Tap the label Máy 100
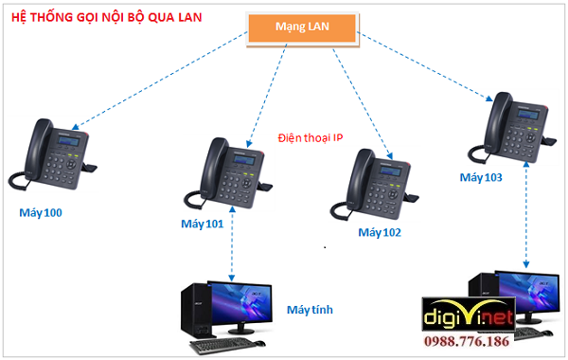tap(41, 212)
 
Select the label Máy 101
tap(201, 225)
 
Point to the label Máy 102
tap(380, 232)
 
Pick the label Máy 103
tap(480, 177)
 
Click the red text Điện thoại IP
tap(311, 137)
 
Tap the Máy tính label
tap(309, 310)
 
